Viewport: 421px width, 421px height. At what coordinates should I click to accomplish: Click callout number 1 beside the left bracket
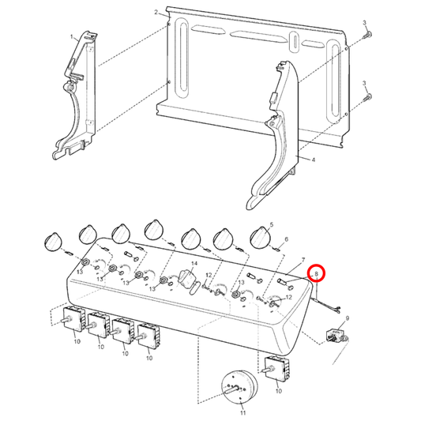coord(72,36)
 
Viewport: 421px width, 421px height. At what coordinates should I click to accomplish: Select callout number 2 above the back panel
coord(156,13)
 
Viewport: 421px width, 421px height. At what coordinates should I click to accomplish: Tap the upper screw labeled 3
coord(369,37)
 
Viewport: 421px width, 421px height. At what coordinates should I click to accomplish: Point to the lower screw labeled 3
coord(369,97)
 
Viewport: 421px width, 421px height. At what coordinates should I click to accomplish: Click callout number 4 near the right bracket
coord(313,160)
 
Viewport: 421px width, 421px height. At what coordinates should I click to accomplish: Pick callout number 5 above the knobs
coord(272,225)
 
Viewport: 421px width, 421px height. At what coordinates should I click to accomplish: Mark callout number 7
coord(302,261)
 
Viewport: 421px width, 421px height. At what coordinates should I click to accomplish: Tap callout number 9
coord(348,318)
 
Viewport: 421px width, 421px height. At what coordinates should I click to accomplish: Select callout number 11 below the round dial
coord(242,413)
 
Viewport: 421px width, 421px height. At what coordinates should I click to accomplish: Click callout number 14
coord(194,262)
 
